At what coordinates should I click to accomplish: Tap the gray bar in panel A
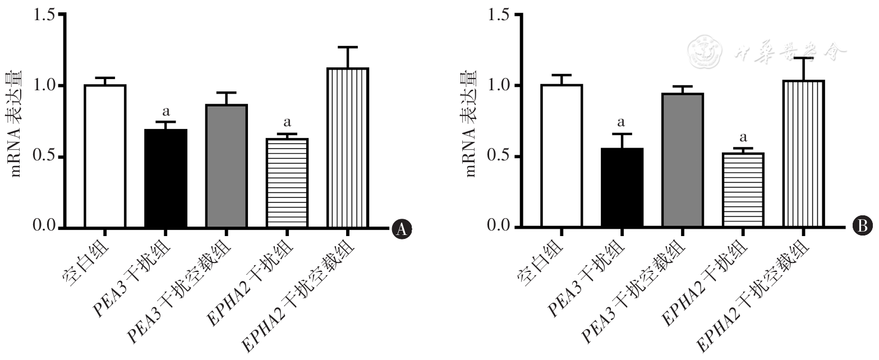(227, 166)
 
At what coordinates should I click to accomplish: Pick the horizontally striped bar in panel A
(287, 183)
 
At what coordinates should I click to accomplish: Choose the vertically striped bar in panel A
(348, 148)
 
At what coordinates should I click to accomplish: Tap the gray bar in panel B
(683, 160)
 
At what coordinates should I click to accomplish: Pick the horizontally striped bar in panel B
(743, 190)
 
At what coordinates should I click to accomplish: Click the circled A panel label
(401, 228)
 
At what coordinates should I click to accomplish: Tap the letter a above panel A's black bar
(166, 112)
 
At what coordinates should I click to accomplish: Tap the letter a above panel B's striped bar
(743, 137)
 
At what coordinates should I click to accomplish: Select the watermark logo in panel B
(705, 52)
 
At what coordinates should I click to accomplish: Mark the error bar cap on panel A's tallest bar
(348, 47)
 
